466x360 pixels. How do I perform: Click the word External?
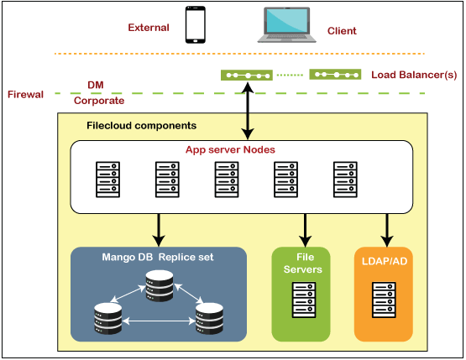(x=149, y=27)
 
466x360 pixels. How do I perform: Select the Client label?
(x=342, y=31)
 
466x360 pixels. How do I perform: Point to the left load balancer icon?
(x=247, y=75)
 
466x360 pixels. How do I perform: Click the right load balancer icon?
(x=336, y=75)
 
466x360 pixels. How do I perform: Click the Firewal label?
(x=25, y=94)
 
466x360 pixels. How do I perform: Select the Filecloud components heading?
(x=141, y=125)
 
